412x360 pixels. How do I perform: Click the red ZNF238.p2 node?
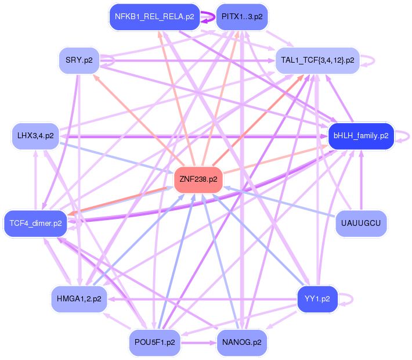199,179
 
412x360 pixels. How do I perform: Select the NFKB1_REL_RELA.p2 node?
154,16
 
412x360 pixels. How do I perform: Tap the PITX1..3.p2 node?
241,16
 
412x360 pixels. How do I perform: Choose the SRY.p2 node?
79,60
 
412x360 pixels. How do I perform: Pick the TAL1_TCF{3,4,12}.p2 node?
318,60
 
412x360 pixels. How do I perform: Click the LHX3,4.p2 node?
36,135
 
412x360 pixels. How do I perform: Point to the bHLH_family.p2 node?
361,135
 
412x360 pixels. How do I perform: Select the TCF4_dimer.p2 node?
36,224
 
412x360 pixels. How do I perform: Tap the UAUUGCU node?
361,224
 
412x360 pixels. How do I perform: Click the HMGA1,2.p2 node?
79,299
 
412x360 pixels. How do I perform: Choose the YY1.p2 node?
317,299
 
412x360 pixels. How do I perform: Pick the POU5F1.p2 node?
154,343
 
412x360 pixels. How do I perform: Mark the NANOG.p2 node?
241,343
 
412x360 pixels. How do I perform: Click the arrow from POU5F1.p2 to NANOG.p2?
197,343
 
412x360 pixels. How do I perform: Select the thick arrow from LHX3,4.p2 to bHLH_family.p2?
191,136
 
